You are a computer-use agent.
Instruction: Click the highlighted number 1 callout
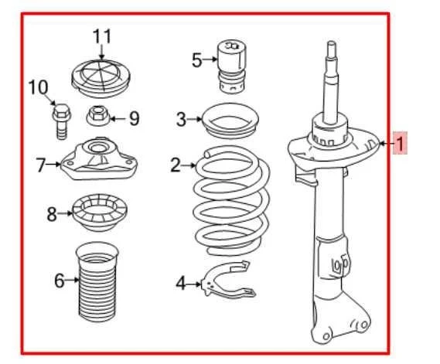pos(400,143)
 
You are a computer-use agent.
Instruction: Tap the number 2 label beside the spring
pos(176,165)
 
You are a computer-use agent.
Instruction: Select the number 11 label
pos(102,36)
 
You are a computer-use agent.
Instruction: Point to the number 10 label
pos(38,87)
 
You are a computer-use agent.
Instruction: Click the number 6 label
pos(60,281)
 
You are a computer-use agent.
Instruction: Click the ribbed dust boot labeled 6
pos(97,282)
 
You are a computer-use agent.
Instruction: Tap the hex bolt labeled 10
pos(61,121)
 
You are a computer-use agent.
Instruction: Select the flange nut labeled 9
pos(97,115)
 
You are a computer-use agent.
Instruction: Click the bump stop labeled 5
pos(232,66)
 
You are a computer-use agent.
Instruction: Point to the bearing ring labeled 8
pos(100,213)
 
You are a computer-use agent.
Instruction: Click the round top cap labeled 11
pos(101,79)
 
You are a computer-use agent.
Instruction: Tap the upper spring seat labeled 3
pos(230,121)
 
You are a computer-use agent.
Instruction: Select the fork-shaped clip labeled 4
pos(229,280)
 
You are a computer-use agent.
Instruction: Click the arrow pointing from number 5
pos(210,60)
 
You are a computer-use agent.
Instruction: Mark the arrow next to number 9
pos(118,119)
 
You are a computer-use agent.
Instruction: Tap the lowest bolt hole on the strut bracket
pos(326,336)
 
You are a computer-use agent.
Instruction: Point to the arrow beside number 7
pos(53,164)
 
